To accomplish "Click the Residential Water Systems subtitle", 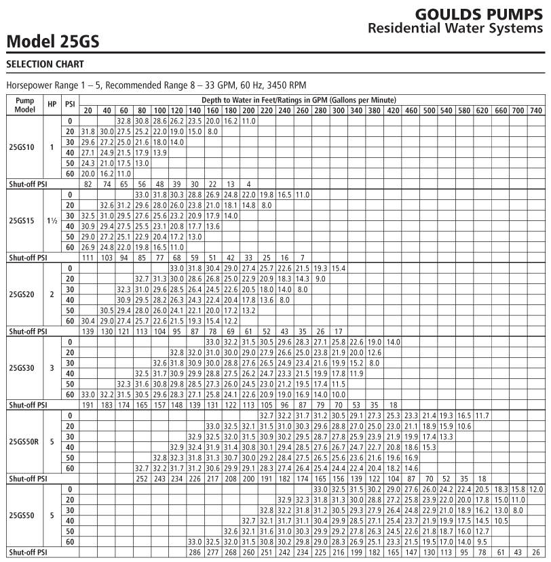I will tap(455, 28).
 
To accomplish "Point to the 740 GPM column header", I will tap(535, 110).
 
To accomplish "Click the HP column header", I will tap(52, 105).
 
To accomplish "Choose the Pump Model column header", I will tap(25, 105).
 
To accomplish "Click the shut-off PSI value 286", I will tap(195, 553).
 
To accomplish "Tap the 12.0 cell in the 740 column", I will tap(535, 488).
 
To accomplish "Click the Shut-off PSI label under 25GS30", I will tap(25, 405).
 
